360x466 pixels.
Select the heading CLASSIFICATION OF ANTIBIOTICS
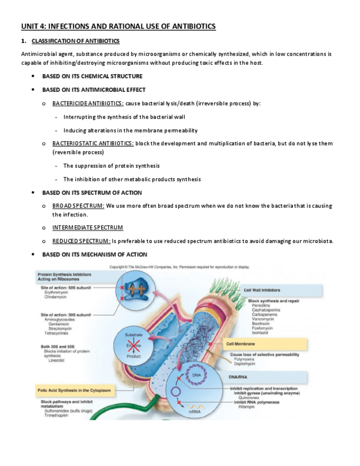[75, 41]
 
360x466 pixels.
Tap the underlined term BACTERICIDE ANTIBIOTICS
[87, 103]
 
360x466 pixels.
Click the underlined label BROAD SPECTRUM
[78, 206]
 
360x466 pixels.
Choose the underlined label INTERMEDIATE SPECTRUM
[87, 228]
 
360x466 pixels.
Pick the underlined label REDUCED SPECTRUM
[81, 241]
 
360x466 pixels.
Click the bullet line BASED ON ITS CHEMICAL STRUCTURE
[92, 76]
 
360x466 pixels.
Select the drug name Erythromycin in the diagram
[57, 293]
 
